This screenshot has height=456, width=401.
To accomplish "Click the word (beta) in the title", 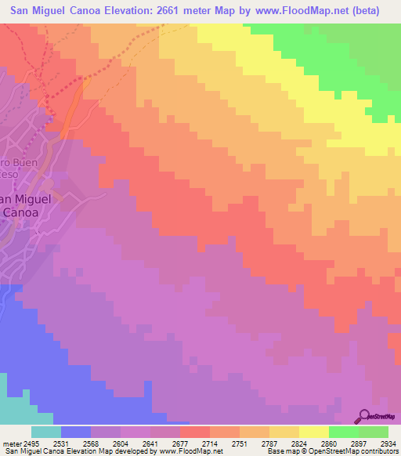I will coord(363,11).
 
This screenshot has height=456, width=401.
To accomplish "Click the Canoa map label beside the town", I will coord(25,212).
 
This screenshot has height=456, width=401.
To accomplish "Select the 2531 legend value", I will coord(69,443).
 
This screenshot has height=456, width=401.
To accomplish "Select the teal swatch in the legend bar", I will coord(46,432).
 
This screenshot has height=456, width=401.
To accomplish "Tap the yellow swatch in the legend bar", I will coord(314,432).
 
